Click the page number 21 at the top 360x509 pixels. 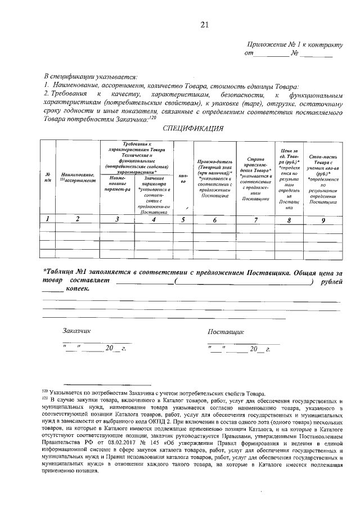(x=204, y=24)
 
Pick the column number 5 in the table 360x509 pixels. (x=183, y=219)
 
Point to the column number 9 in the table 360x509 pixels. (x=323, y=219)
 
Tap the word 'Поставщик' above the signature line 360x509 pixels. (x=225, y=332)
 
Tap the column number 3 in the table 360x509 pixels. (x=116, y=219)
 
